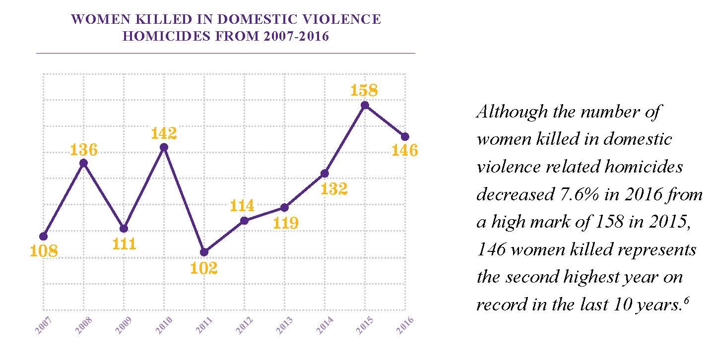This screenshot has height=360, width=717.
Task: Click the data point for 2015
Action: (x=365, y=105)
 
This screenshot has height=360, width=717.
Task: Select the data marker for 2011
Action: (x=204, y=252)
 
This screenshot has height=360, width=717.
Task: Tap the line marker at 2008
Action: (x=83, y=163)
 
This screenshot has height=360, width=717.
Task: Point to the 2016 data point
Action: (x=405, y=136)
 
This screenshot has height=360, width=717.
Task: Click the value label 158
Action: (x=364, y=91)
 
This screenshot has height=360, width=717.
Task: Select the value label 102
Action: (x=204, y=269)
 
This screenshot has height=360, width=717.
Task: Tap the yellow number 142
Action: (x=164, y=133)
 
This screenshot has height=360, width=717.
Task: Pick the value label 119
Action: (x=286, y=223)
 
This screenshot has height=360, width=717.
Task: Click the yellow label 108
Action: (x=44, y=251)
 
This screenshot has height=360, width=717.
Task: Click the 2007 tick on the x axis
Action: (x=43, y=325)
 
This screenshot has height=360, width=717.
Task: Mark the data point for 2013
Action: (x=284, y=207)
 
